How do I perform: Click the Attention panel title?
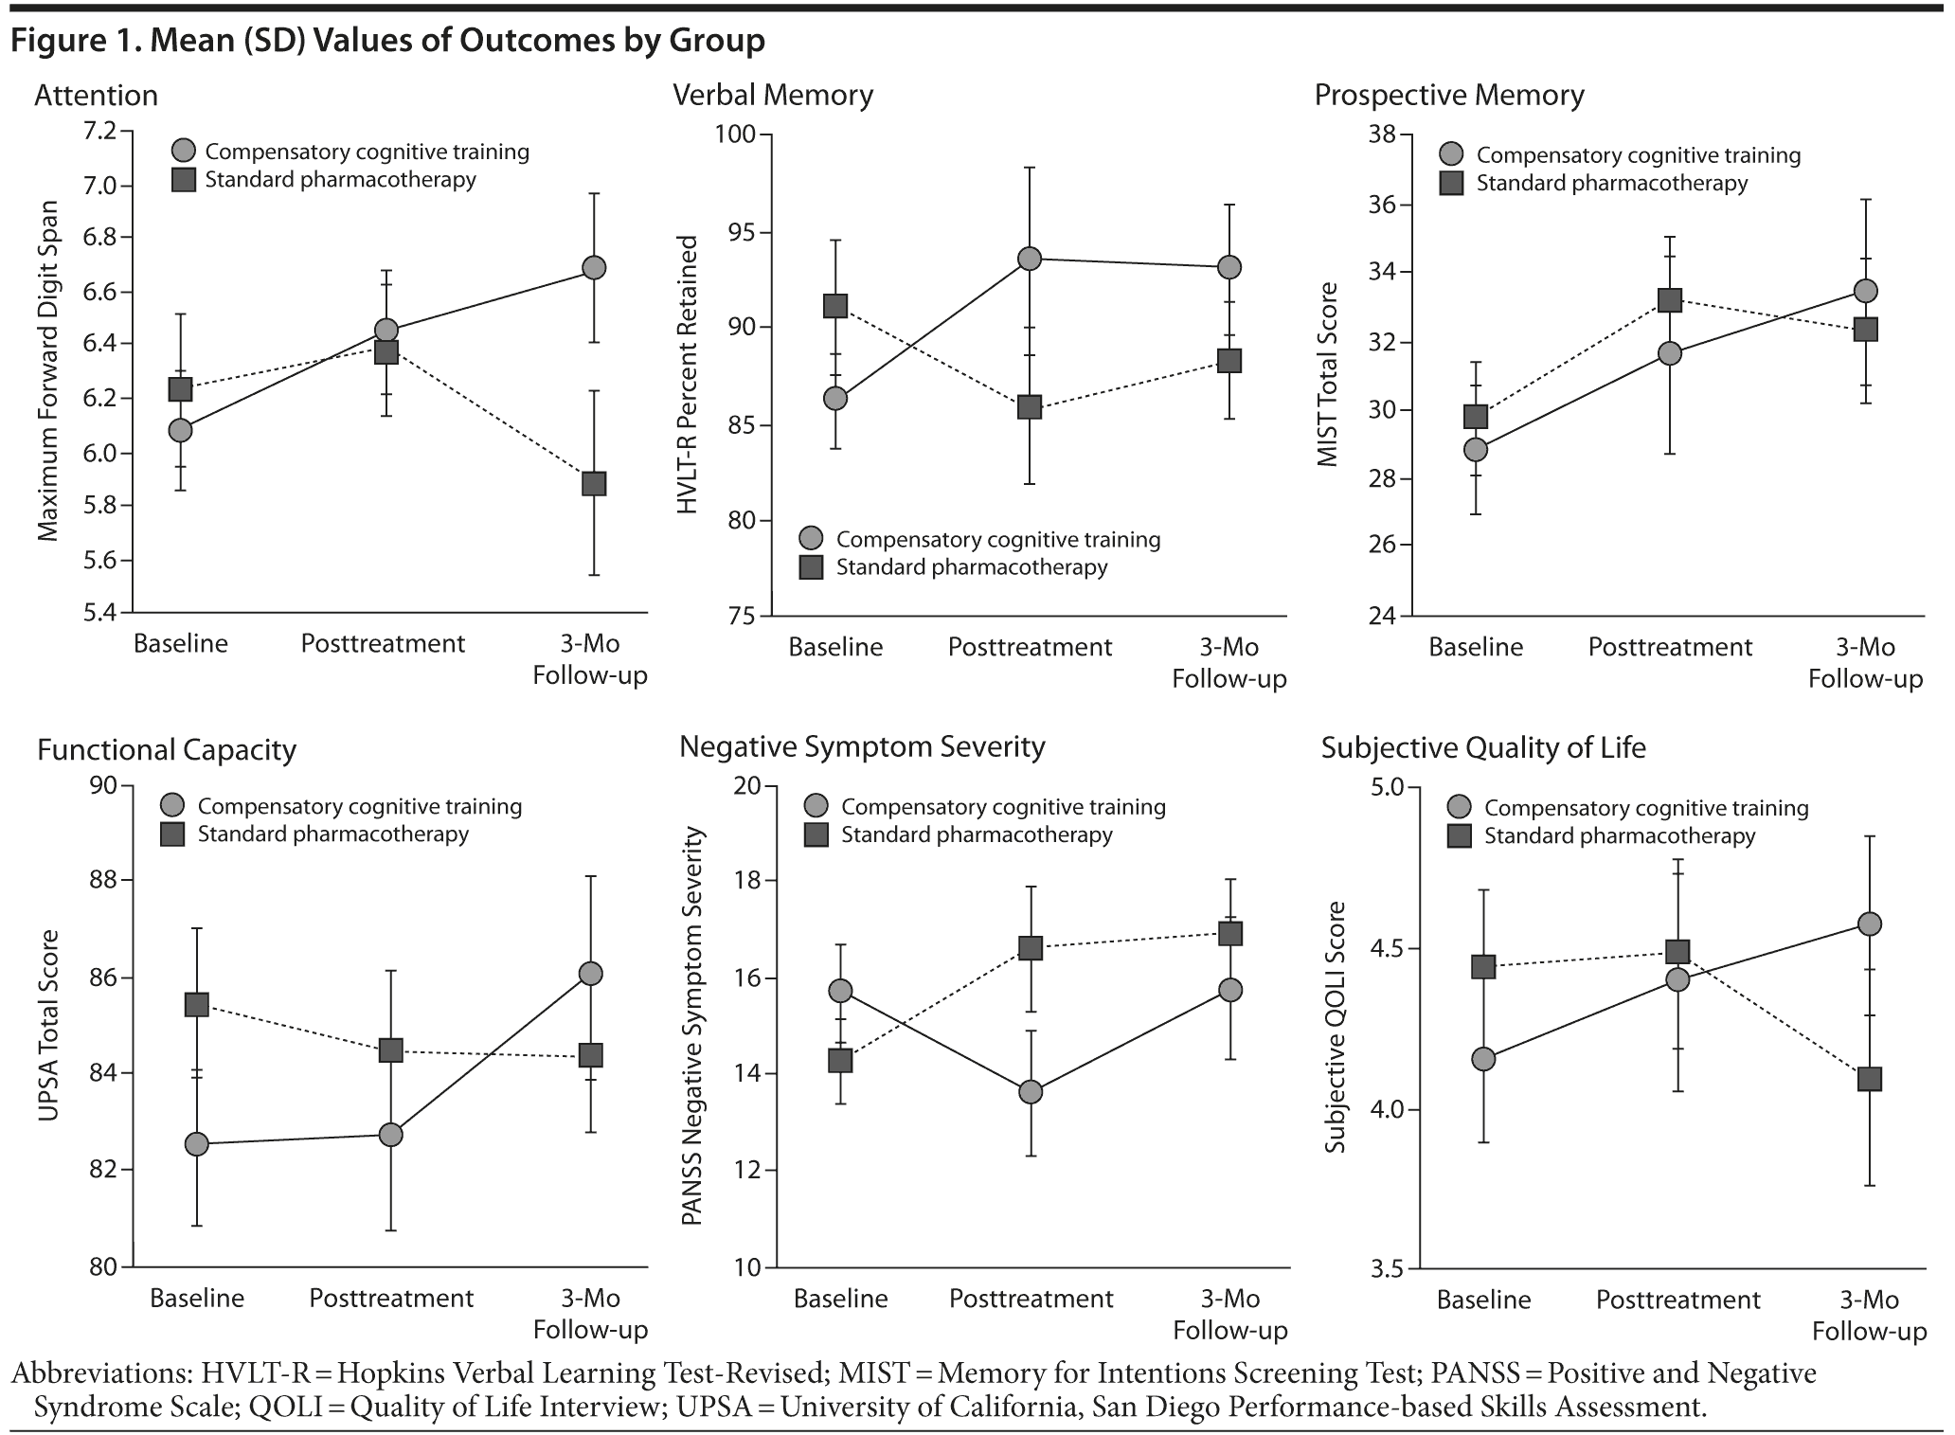[96, 96]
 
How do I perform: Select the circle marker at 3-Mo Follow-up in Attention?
[594, 268]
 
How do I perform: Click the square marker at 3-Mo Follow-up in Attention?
[594, 484]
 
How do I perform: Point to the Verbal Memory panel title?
[772, 96]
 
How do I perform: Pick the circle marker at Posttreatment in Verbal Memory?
[1030, 259]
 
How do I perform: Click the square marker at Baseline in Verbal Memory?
[835, 306]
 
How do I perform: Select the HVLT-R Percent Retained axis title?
[688, 375]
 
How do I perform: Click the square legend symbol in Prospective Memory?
[1451, 184]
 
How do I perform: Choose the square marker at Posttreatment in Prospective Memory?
[1670, 300]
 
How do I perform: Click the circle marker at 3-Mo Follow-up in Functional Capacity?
[590, 974]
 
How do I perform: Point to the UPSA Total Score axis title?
[48, 1025]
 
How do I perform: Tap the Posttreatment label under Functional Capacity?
[391, 1298]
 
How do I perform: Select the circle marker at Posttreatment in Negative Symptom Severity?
[1031, 1092]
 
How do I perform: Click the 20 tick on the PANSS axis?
[748, 786]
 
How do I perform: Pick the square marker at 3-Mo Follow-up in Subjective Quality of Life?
[1869, 1079]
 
